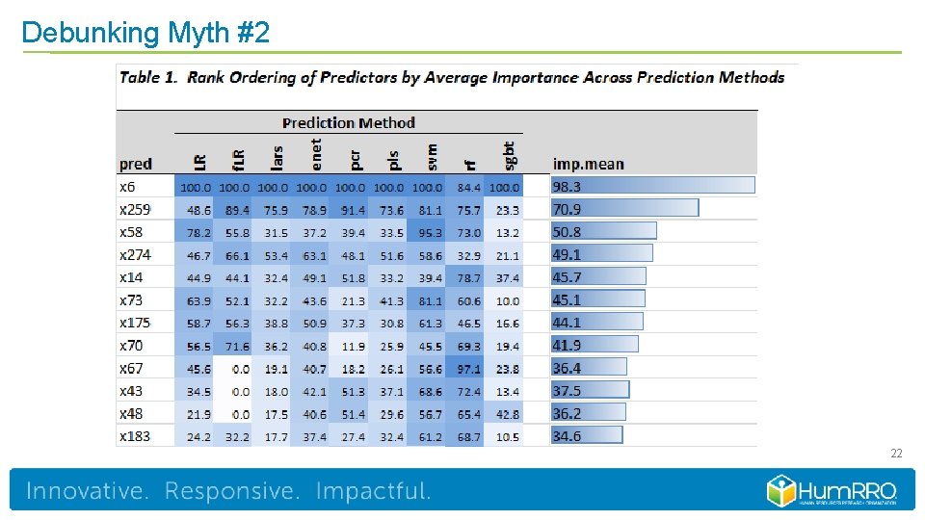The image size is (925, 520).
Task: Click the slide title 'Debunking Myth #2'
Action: coord(145,33)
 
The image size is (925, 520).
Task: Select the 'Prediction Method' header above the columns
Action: coord(348,123)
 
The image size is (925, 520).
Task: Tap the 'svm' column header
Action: coord(433,154)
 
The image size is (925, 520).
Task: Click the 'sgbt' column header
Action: coord(509,154)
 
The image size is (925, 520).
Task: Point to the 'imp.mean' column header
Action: coord(588,164)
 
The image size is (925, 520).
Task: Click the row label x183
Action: coord(135,437)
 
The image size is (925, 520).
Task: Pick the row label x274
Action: coord(135,255)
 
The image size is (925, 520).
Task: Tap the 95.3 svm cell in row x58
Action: coord(431,232)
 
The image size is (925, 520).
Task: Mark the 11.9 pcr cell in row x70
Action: coord(354,347)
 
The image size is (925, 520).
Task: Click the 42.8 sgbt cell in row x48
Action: coord(507,414)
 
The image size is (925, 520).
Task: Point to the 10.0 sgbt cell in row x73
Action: coord(507,300)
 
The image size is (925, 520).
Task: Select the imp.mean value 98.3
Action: coord(567,187)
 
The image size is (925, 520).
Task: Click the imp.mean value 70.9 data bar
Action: coord(624,209)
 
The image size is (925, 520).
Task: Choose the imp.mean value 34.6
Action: coord(567,437)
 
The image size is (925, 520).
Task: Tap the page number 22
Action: coord(895,454)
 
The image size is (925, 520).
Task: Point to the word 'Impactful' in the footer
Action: coord(373,492)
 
